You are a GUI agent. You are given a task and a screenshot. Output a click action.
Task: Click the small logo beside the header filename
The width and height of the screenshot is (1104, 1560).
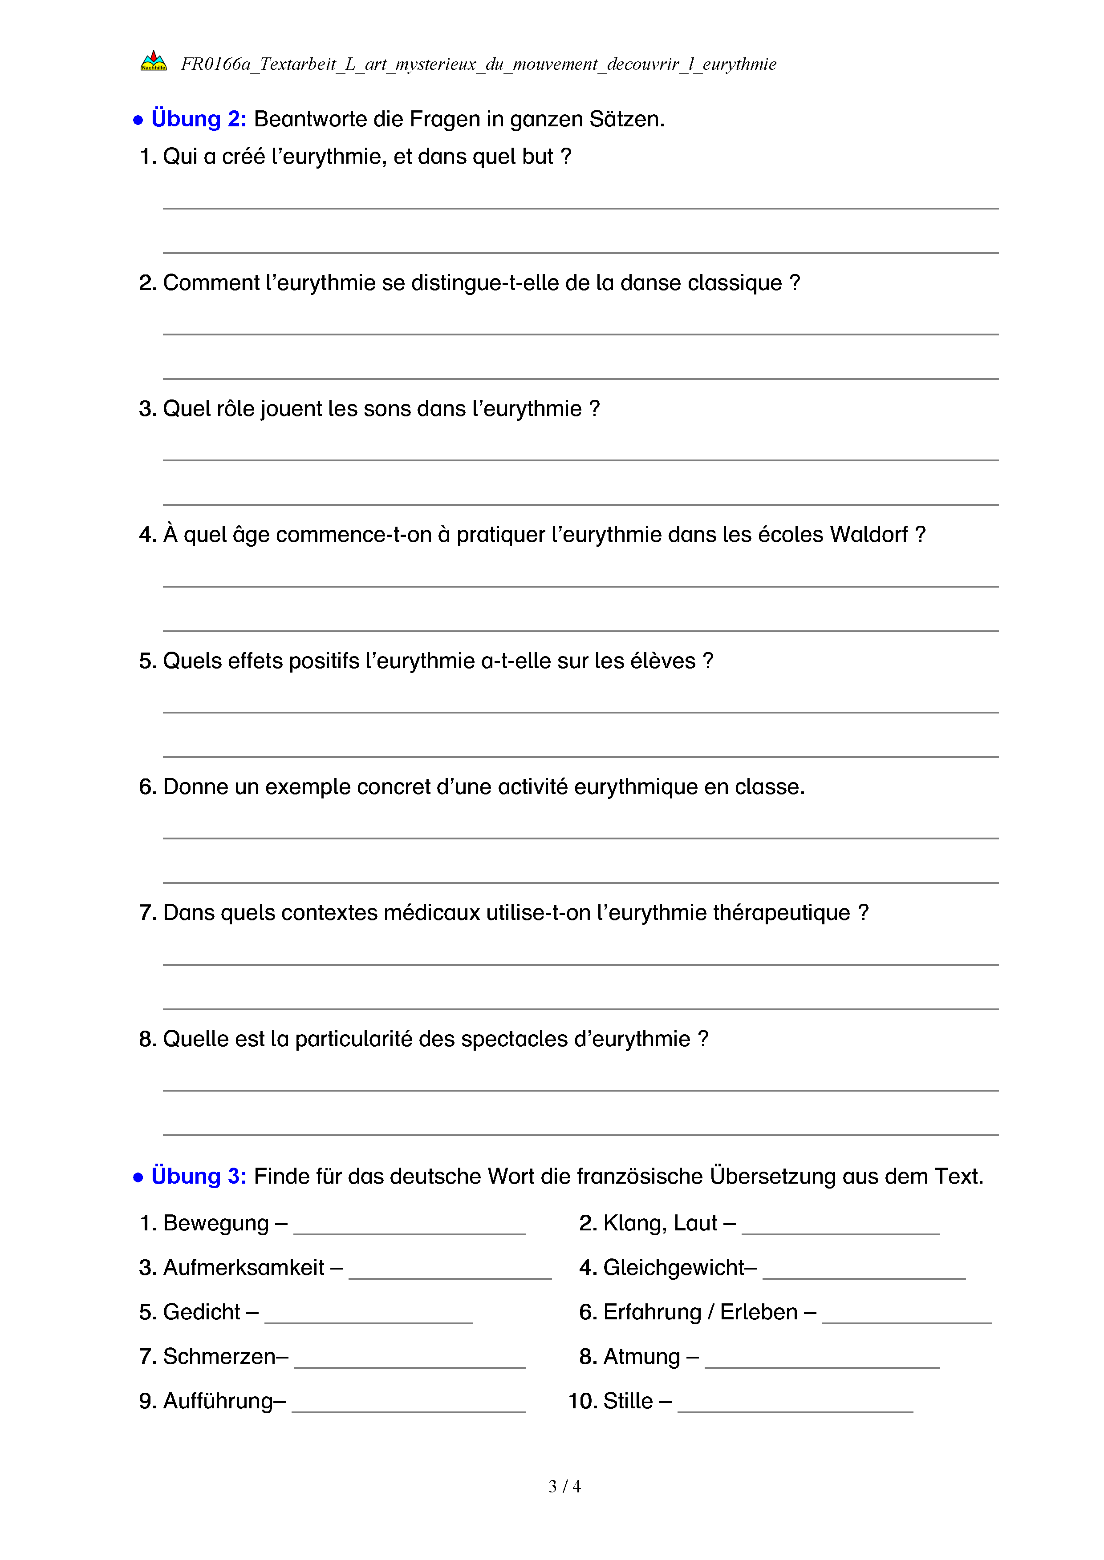[x=154, y=62]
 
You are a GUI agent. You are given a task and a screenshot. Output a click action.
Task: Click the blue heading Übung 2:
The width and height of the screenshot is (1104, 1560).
[x=199, y=119]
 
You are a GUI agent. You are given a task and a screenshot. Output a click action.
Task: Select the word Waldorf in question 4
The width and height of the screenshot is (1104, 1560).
[x=868, y=535]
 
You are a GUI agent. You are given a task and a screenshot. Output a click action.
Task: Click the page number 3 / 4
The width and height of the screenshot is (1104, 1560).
[x=564, y=1487]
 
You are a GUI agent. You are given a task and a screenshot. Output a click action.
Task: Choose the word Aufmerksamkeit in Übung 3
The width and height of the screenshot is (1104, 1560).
[x=244, y=1268]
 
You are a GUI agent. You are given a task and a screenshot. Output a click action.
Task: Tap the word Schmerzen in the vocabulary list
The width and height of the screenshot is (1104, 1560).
[x=219, y=1357]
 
